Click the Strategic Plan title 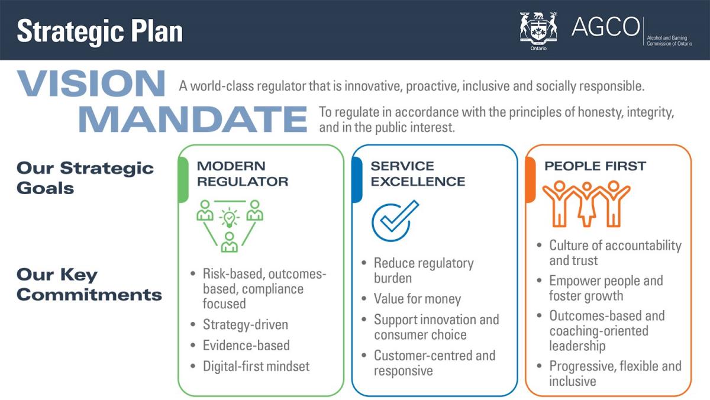(99, 31)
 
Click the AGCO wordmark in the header (605, 27)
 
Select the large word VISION (91, 83)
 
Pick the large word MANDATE (192, 118)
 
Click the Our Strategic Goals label (85, 178)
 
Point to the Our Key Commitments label (89, 285)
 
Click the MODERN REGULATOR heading (243, 173)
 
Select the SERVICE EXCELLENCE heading (418, 173)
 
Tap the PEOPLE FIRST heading (594, 166)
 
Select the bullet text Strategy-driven (245, 325)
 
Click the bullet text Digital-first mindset (256, 366)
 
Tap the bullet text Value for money (417, 299)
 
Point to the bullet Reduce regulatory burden (423, 270)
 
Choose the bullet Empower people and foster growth (605, 288)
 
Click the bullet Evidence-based (246, 346)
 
